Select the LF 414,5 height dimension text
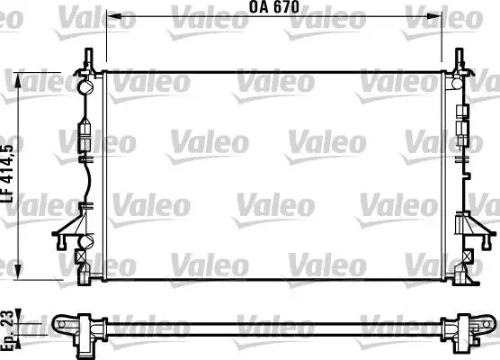coord(9,172)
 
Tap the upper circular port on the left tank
coord(86,88)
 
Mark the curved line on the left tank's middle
coord(87,180)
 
